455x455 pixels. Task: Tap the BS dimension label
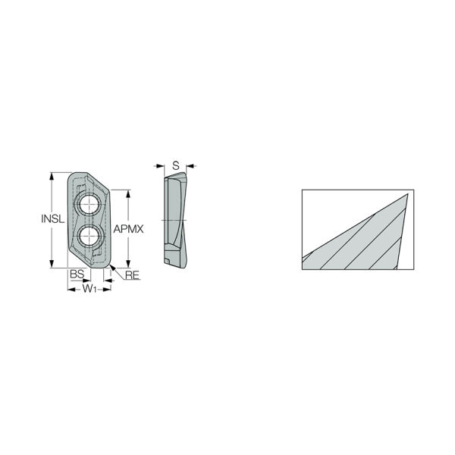[76, 275]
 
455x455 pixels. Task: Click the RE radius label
[132, 275]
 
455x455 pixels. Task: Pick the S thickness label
[175, 165]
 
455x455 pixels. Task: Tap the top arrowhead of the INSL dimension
[52, 175]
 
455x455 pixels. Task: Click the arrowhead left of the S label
[161, 165]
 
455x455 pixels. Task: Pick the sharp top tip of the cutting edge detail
[407, 193]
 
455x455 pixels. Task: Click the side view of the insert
[174, 220]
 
